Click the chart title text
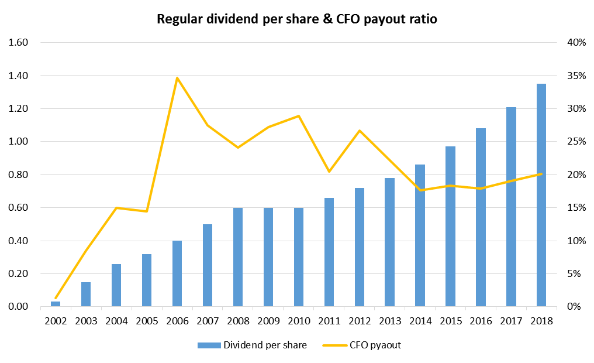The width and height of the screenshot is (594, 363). tap(297, 19)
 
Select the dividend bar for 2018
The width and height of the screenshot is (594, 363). tap(541, 195)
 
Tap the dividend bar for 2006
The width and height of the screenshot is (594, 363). tap(177, 273)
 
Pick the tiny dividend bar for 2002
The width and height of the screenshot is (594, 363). tap(56, 304)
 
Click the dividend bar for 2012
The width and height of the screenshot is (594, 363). tap(359, 247)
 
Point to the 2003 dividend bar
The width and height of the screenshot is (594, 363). tap(86, 294)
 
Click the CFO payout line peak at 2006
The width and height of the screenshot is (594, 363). tap(177, 78)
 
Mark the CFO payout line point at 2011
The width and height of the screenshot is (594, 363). tap(329, 172)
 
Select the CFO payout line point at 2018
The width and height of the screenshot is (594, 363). tap(541, 174)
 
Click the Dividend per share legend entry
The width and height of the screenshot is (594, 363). tap(252, 345)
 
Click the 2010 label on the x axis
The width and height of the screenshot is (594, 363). tap(298, 321)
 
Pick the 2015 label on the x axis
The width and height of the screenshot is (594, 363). tap(450, 321)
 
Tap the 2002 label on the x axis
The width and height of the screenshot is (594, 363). tap(56, 321)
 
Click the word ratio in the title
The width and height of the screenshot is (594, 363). tap(422, 19)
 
